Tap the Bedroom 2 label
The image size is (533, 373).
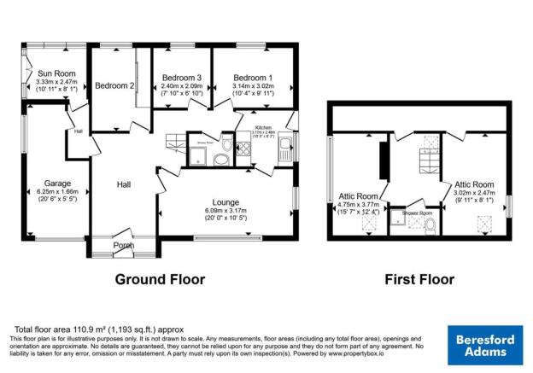114,85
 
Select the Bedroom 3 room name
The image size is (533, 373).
182,78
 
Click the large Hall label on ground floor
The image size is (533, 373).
124,184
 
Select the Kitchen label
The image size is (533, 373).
262,127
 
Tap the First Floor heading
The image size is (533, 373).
419,279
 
